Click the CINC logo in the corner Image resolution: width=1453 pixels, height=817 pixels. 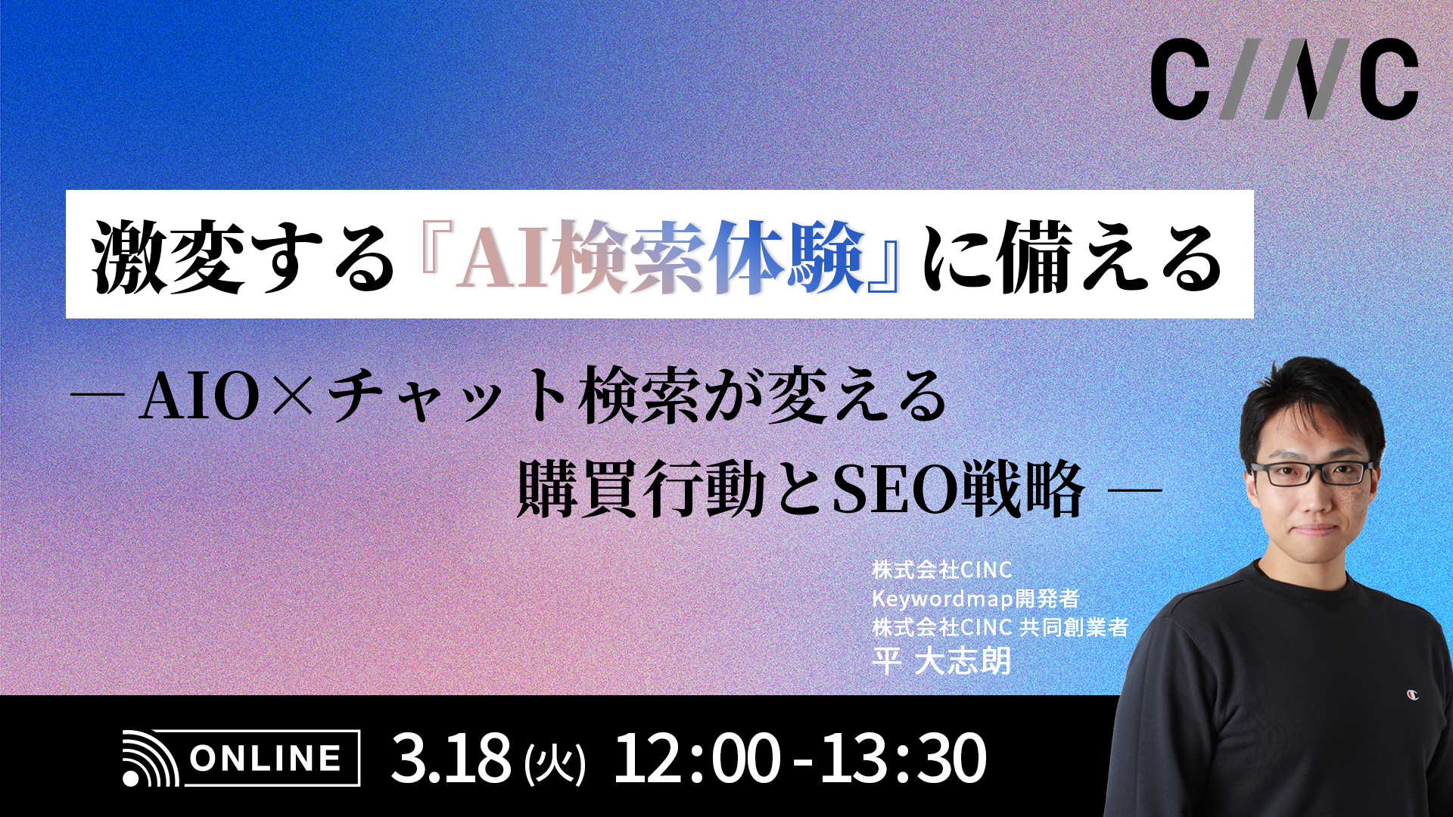click(x=1284, y=79)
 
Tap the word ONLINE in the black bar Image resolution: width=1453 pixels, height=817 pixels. click(x=265, y=758)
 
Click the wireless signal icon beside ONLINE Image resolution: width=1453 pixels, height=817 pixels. click(x=150, y=758)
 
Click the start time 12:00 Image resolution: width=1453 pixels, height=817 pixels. click(x=695, y=758)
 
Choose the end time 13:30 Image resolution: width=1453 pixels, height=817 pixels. click(x=904, y=758)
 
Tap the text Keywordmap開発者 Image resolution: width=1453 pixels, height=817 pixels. click(x=975, y=598)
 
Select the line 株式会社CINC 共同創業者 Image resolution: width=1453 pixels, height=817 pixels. click(x=1000, y=627)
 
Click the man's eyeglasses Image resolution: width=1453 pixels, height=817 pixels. click(x=1311, y=474)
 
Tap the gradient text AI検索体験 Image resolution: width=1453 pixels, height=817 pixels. click(x=660, y=257)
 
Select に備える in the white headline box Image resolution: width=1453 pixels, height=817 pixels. click(x=1071, y=257)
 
